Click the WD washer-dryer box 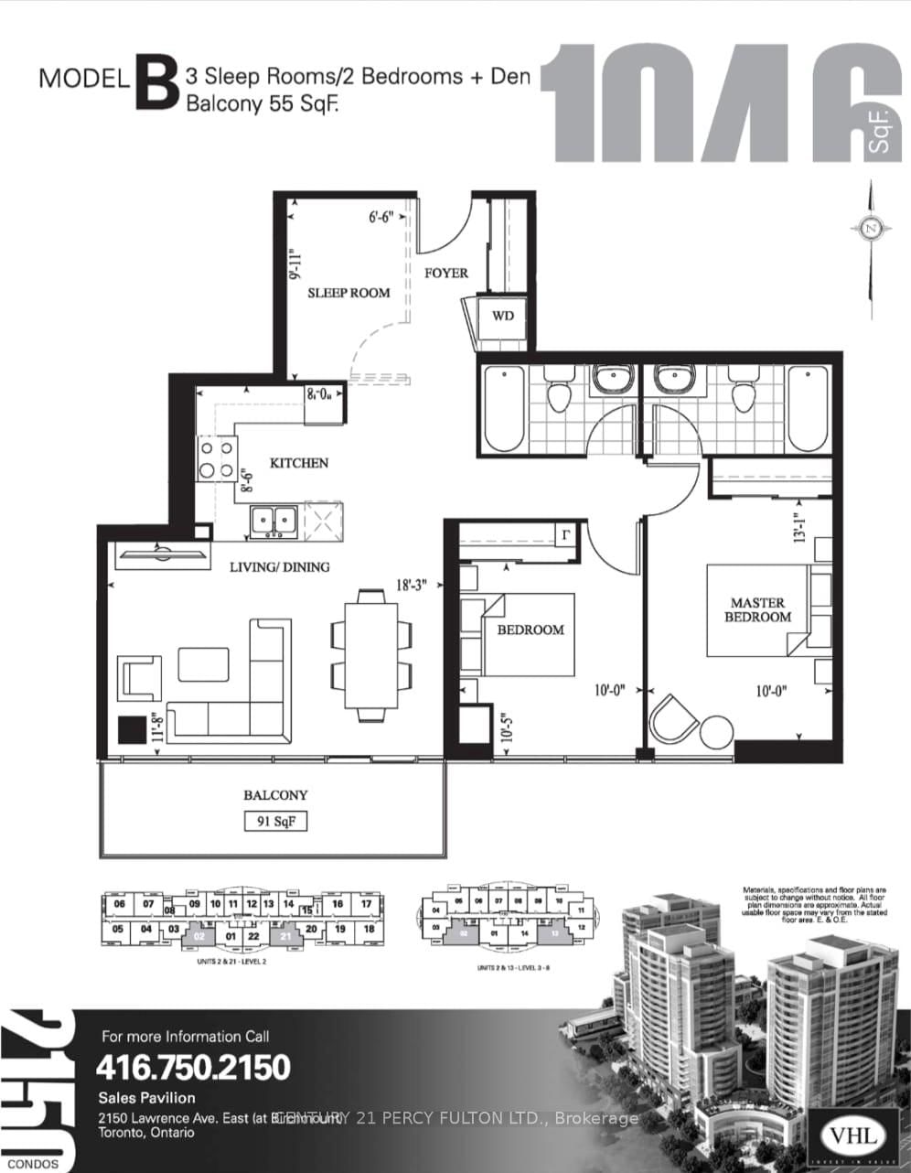(503, 317)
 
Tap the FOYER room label (446, 273)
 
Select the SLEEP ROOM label (348, 293)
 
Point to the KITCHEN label (299, 463)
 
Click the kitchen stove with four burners (215, 460)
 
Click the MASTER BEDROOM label (757, 609)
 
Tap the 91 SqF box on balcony (275, 822)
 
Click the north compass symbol (871, 228)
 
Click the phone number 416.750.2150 (193, 1067)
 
